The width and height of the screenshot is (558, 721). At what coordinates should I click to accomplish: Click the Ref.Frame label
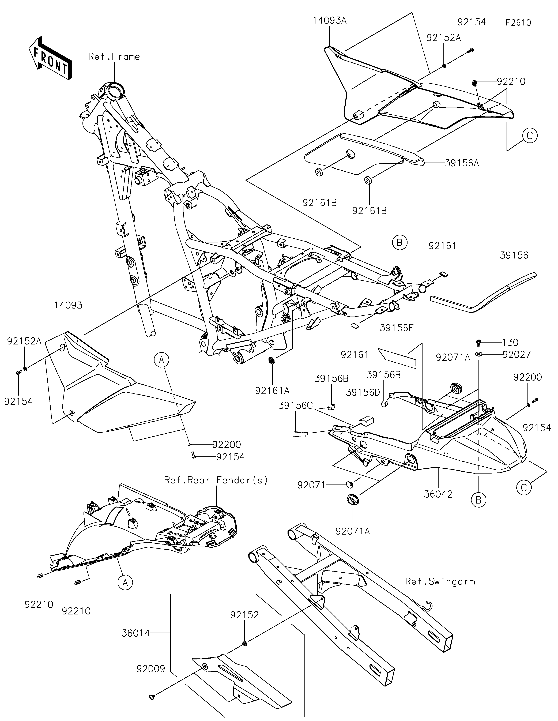click(x=114, y=57)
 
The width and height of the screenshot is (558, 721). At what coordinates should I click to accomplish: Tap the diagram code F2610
click(x=518, y=23)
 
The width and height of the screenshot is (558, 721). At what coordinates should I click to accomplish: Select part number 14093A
click(x=330, y=20)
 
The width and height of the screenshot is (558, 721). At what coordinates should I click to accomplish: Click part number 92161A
click(x=272, y=390)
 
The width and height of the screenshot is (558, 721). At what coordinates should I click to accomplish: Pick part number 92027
click(x=517, y=355)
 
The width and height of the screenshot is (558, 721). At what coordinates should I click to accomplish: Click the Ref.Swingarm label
click(x=440, y=581)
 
